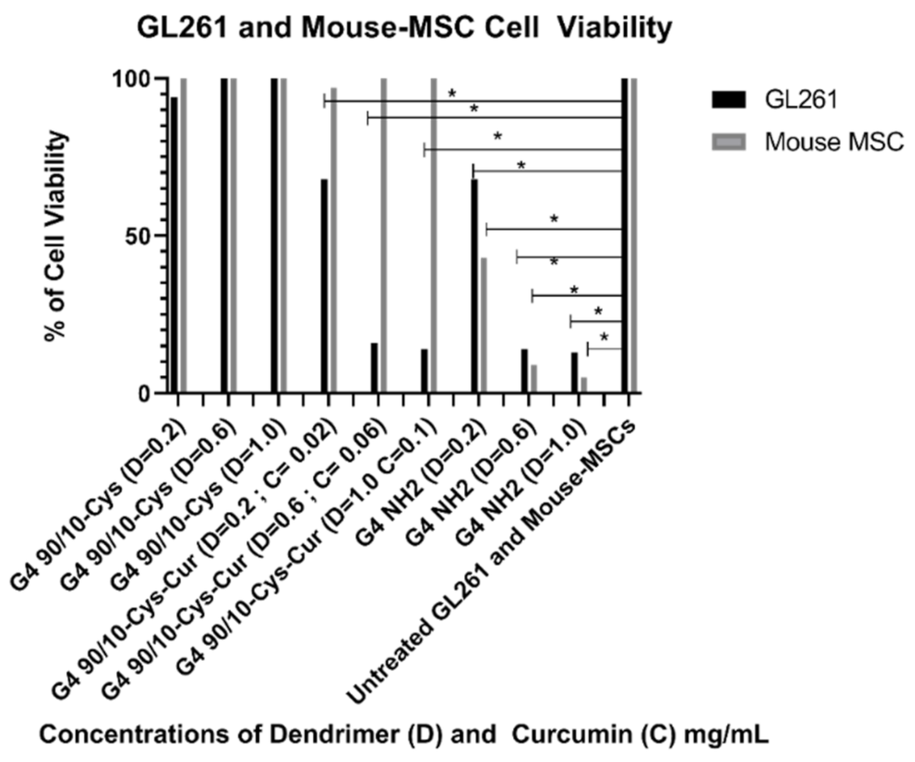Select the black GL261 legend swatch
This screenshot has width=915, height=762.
point(728,99)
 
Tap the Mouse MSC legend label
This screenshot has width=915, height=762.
point(833,142)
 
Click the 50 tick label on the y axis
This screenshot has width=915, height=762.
point(137,236)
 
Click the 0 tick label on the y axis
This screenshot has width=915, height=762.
point(144,393)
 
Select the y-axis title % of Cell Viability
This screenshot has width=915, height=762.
point(56,236)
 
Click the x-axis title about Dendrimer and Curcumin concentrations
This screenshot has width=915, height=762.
point(403,734)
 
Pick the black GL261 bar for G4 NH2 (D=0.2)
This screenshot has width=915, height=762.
point(474,285)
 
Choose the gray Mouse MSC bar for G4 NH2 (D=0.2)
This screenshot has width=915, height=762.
point(484,325)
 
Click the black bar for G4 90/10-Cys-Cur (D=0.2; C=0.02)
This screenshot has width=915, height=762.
point(324,285)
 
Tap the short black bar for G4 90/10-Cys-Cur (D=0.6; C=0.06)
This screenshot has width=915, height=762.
point(374,368)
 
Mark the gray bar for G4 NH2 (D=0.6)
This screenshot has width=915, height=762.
point(534,379)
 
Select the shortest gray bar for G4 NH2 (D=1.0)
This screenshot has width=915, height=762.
point(584,385)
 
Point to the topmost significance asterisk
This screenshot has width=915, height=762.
point(452,94)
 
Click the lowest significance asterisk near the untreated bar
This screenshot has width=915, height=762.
point(604,337)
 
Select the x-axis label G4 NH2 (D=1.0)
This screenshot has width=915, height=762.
point(522,485)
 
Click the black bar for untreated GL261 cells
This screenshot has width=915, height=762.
point(625,236)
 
